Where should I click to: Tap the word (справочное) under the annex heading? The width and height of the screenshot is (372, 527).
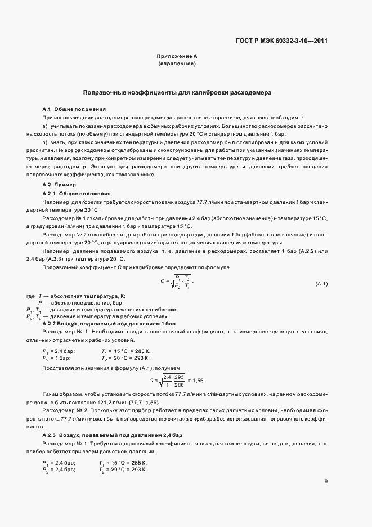click(x=176, y=64)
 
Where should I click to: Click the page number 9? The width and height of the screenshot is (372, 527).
click(x=326, y=481)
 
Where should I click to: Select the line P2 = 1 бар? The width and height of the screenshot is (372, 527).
click(x=56, y=358)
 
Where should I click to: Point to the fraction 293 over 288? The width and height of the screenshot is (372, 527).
click(x=180, y=381)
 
